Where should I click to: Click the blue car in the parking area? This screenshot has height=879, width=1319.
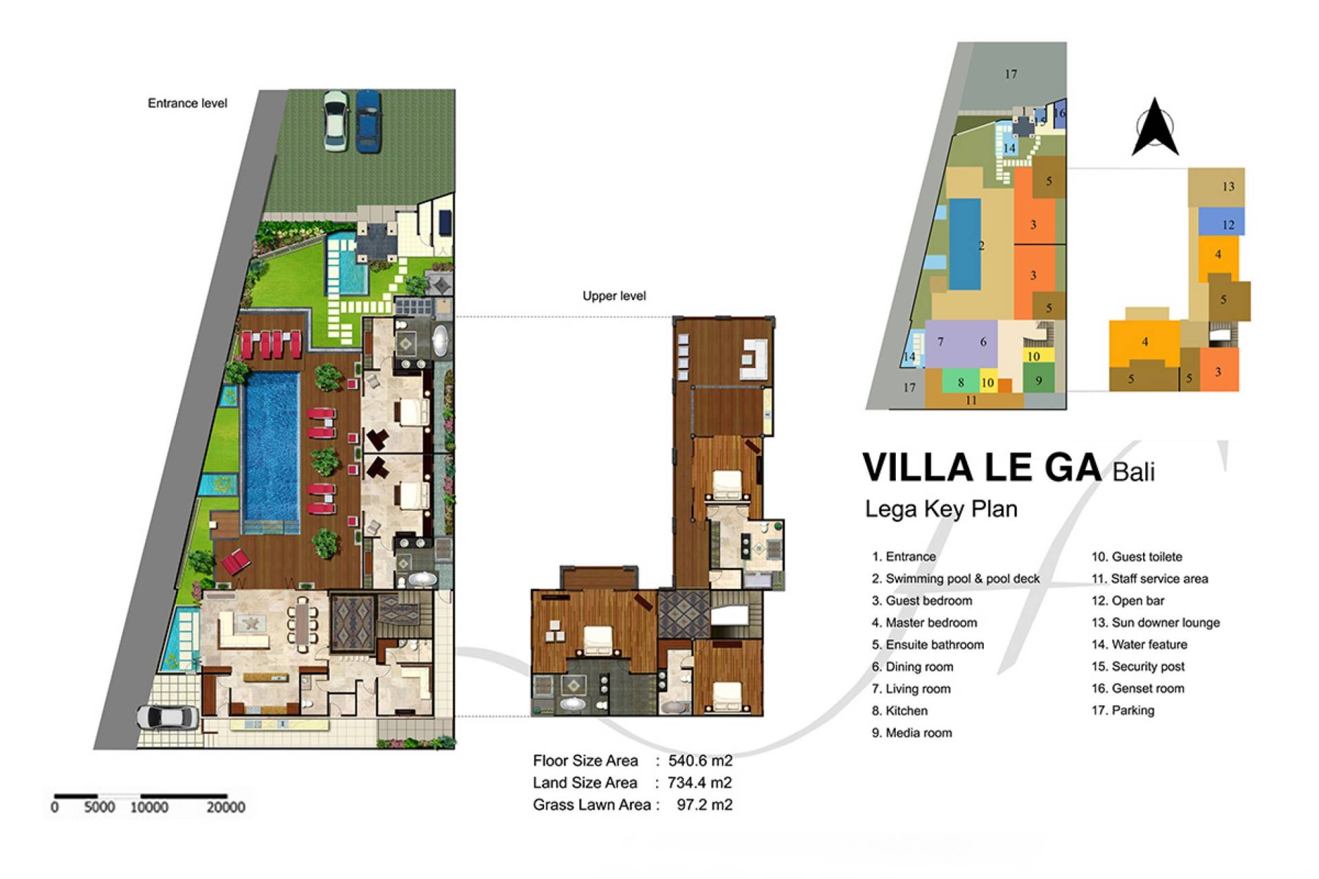coord(368,121)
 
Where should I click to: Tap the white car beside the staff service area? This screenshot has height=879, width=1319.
coord(168,718)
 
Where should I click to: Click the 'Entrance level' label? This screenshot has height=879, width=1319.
coord(188,104)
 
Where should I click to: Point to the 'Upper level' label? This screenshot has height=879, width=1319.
coord(614,296)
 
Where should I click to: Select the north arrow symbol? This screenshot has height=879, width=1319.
coord(1155,126)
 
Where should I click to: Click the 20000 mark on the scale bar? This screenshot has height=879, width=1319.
coord(226,808)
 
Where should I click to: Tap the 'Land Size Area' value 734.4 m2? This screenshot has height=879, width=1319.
coord(700,783)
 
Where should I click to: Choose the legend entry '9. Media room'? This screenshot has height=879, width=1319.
coord(912,733)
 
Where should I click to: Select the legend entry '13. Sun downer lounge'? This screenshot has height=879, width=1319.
coord(1155,623)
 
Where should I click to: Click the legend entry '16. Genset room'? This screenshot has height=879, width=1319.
coord(1138,689)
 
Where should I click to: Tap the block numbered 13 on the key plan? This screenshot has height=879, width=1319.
coord(1217,187)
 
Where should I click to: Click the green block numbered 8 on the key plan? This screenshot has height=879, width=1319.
coord(960,382)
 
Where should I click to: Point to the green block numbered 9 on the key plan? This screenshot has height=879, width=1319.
coord(1039,380)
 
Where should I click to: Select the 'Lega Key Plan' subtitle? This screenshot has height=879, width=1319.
coord(941,510)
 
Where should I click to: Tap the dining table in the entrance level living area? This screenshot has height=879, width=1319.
coord(302,623)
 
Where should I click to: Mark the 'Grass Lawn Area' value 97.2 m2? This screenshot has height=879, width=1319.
coord(704,805)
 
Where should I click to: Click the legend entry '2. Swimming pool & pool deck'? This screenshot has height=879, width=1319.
coord(956,579)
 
